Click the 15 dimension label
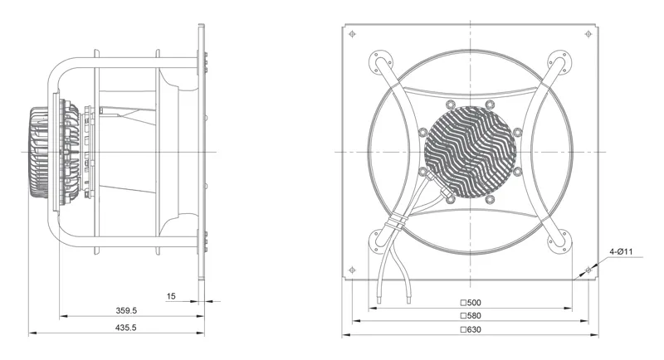171,296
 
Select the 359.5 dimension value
126,310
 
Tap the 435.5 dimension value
126,328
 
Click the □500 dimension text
471,303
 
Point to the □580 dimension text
471,315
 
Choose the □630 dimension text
471,329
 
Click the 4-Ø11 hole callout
621,251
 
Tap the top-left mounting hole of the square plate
352,34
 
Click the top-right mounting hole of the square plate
588,34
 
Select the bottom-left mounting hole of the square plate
352,270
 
